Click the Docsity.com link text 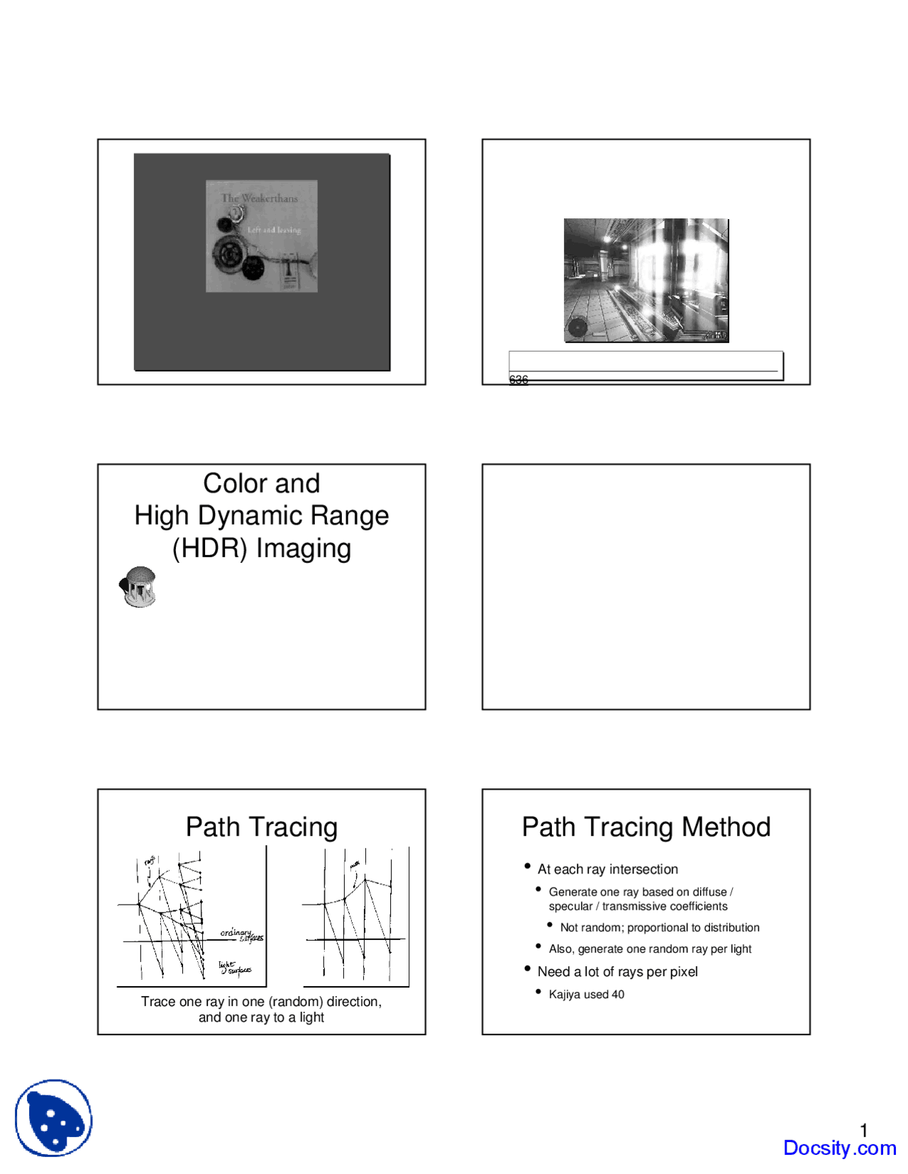(839, 1148)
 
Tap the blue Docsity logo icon (54, 1118)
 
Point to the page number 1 (864, 1130)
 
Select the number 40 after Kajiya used (618, 995)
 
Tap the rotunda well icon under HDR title (139, 587)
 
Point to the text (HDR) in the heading (210, 549)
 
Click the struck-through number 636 (519, 380)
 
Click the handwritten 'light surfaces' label (234, 968)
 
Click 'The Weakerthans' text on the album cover (260, 199)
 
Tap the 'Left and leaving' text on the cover (274, 230)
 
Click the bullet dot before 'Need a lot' (528, 968)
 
